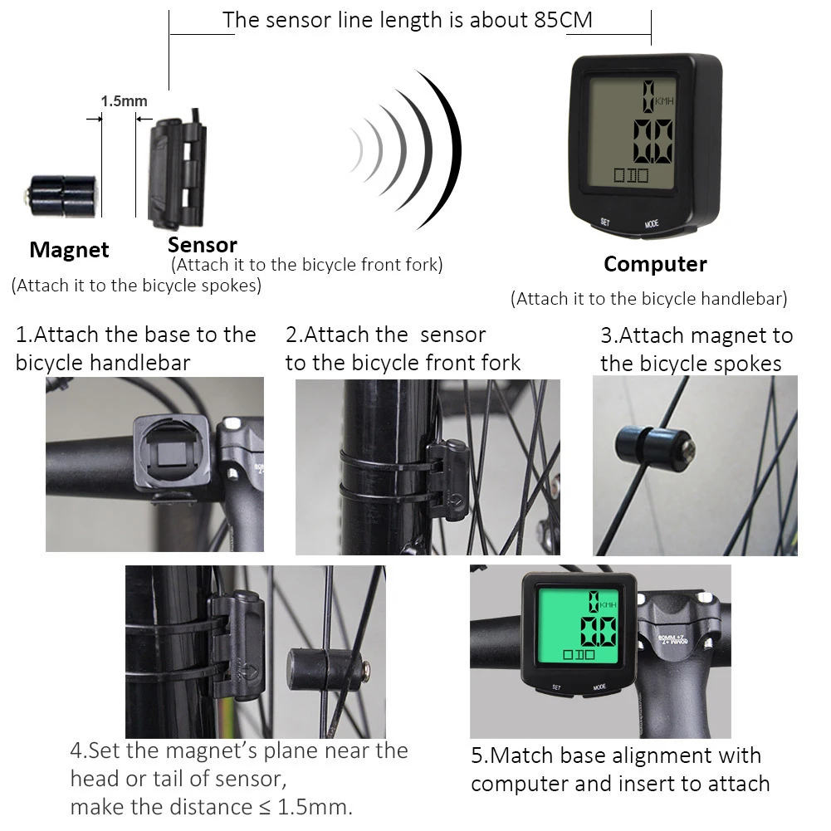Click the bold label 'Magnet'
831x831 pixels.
(69, 249)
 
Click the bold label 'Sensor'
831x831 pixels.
(202, 244)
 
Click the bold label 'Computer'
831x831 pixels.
(655, 264)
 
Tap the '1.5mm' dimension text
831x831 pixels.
(124, 101)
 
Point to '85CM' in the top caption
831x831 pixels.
(563, 20)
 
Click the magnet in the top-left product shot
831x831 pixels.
(60, 195)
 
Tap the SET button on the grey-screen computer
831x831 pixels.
(605, 222)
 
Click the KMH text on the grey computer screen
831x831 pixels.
(664, 101)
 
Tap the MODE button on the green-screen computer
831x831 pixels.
(599, 688)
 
